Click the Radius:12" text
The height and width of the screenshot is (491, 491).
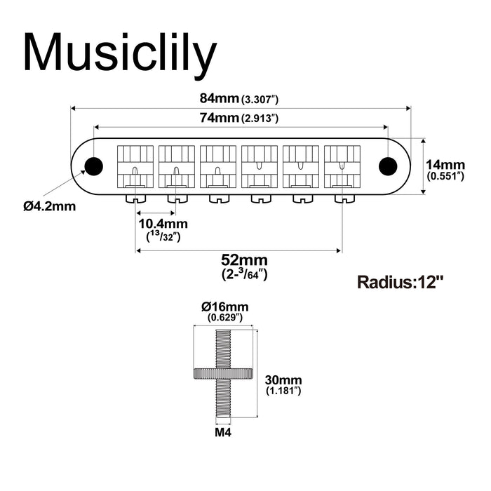click(401, 283)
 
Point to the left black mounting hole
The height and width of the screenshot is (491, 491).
click(93, 165)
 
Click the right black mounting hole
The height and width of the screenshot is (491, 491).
click(386, 166)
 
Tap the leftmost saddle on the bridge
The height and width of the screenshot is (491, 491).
click(135, 165)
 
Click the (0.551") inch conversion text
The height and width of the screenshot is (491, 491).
click(445, 176)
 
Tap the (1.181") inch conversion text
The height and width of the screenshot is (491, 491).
click(283, 390)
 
